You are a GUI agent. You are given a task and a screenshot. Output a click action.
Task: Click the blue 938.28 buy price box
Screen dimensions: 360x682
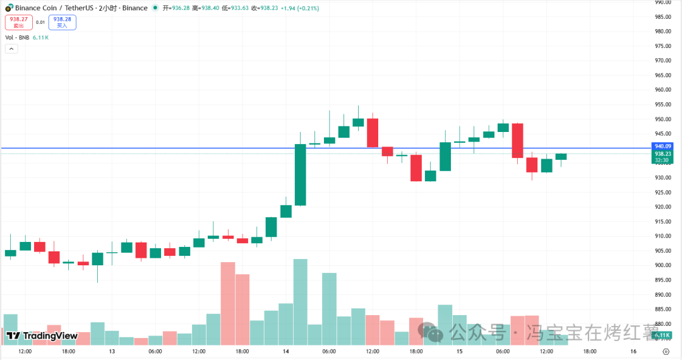(x=62, y=22)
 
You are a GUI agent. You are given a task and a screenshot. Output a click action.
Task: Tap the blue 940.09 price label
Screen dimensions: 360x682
(x=662, y=146)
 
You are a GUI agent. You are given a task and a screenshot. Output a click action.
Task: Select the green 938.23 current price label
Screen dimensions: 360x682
(x=662, y=153)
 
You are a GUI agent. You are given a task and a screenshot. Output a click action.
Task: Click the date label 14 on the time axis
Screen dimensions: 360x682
(x=285, y=351)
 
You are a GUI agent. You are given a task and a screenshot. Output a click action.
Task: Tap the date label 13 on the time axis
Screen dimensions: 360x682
(x=112, y=351)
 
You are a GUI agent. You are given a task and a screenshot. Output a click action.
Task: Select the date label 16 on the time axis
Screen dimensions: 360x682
(x=633, y=351)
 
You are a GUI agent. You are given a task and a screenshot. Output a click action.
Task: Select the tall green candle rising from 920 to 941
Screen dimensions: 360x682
(x=301, y=175)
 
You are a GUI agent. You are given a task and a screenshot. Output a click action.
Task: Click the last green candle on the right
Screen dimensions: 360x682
(x=561, y=156)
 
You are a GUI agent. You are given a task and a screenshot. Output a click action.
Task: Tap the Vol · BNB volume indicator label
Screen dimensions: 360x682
(x=27, y=38)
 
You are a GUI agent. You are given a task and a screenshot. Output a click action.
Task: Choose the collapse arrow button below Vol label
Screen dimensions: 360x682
(x=11, y=49)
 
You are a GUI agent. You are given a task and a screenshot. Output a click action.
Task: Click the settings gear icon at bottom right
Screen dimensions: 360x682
(x=666, y=352)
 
